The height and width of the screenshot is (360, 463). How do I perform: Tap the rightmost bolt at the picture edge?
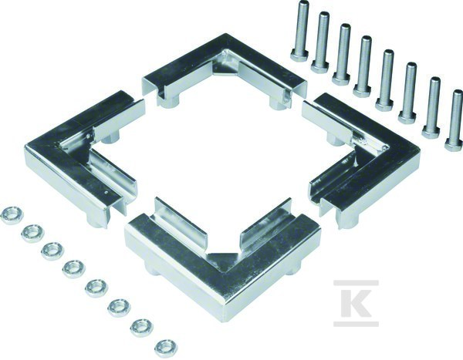pyautogui.click(x=455, y=121)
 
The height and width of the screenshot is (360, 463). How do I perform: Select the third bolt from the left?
pyautogui.click(x=343, y=55)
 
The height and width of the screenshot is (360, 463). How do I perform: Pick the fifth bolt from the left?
pyautogui.click(x=387, y=79)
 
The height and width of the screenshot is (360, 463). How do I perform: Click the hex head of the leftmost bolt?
pyautogui.click(x=299, y=56)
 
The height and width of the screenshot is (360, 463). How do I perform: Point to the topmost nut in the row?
pyautogui.click(x=12, y=215)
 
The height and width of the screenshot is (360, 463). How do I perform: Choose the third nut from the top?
pyautogui.click(x=52, y=251)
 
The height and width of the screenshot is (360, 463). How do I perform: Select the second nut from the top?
pyautogui.click(x=32, y=234)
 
